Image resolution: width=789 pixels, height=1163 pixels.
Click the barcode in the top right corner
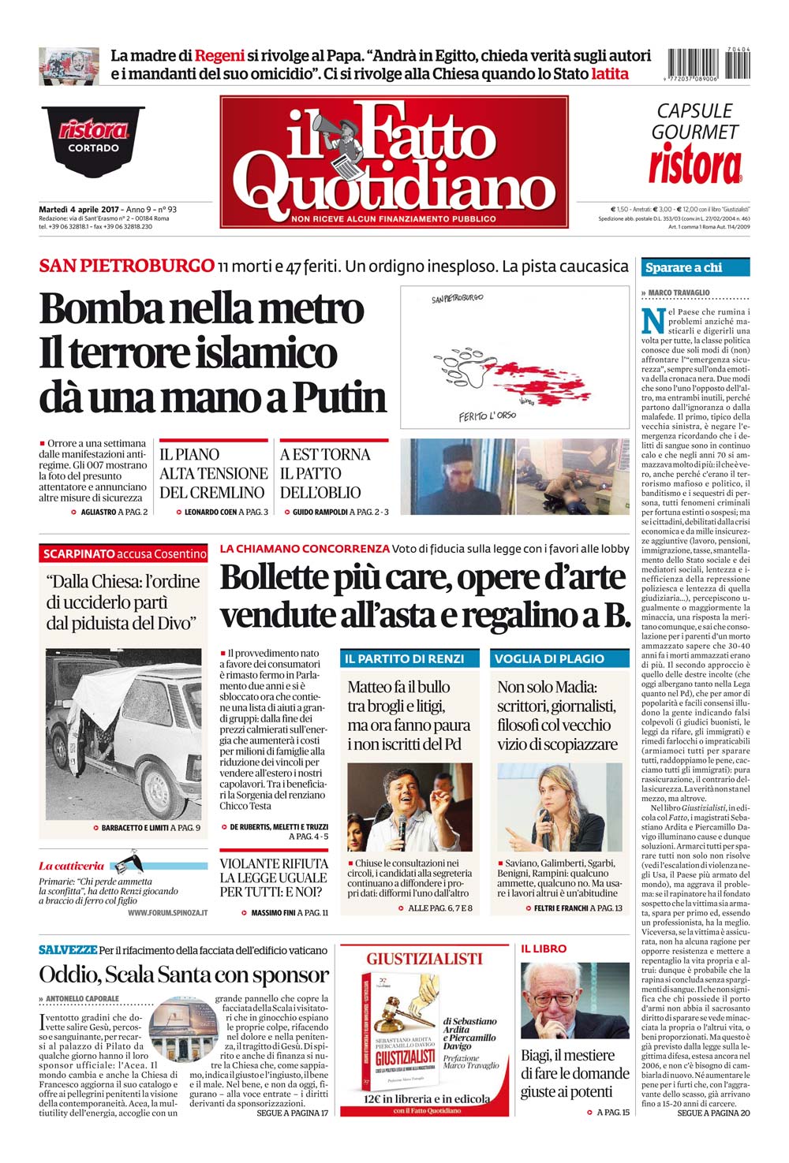tap(709, 63)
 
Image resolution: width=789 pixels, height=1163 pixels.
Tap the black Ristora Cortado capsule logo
tap(93, 136)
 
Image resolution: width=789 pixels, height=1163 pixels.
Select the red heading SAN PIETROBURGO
tap(126, 266)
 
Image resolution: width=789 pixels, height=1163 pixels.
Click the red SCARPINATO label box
tap(124, 554)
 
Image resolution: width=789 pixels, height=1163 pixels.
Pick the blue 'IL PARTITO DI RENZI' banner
tap(404, 658)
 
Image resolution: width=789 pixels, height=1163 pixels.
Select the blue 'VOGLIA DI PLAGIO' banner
tap(549, 658)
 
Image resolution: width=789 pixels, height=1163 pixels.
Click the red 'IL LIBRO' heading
tap(544, 949)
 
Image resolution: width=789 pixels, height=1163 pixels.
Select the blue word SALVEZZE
tap(68, 950)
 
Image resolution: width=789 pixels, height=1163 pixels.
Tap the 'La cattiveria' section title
tap(71, 866)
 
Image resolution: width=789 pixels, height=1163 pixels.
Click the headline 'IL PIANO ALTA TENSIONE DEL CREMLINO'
tap(213, 473)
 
